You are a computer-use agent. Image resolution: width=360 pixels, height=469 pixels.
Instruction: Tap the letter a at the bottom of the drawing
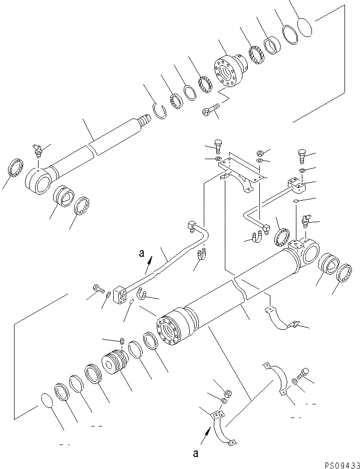[x=196, y=453]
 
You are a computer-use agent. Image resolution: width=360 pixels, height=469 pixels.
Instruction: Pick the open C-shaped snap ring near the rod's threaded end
[x=160, y=110]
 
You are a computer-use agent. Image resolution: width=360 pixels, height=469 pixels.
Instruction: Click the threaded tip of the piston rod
[x=144, y=121]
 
